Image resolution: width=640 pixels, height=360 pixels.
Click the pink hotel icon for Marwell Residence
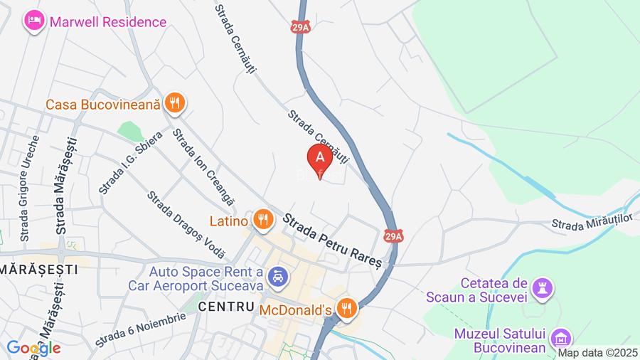(x=33, y=21)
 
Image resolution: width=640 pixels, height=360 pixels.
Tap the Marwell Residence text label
(x=107, y=21)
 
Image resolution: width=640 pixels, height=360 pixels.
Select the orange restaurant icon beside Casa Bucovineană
(x=174, y=104)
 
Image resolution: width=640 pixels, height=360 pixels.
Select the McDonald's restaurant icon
(x=347, y=309)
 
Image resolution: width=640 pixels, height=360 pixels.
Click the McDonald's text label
(x=295, y=309)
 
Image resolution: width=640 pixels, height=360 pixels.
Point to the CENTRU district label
(x=226, y=307)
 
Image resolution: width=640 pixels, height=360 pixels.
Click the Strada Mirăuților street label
(x=592, y=223)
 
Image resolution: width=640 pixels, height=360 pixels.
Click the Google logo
(x=33, y=349)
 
